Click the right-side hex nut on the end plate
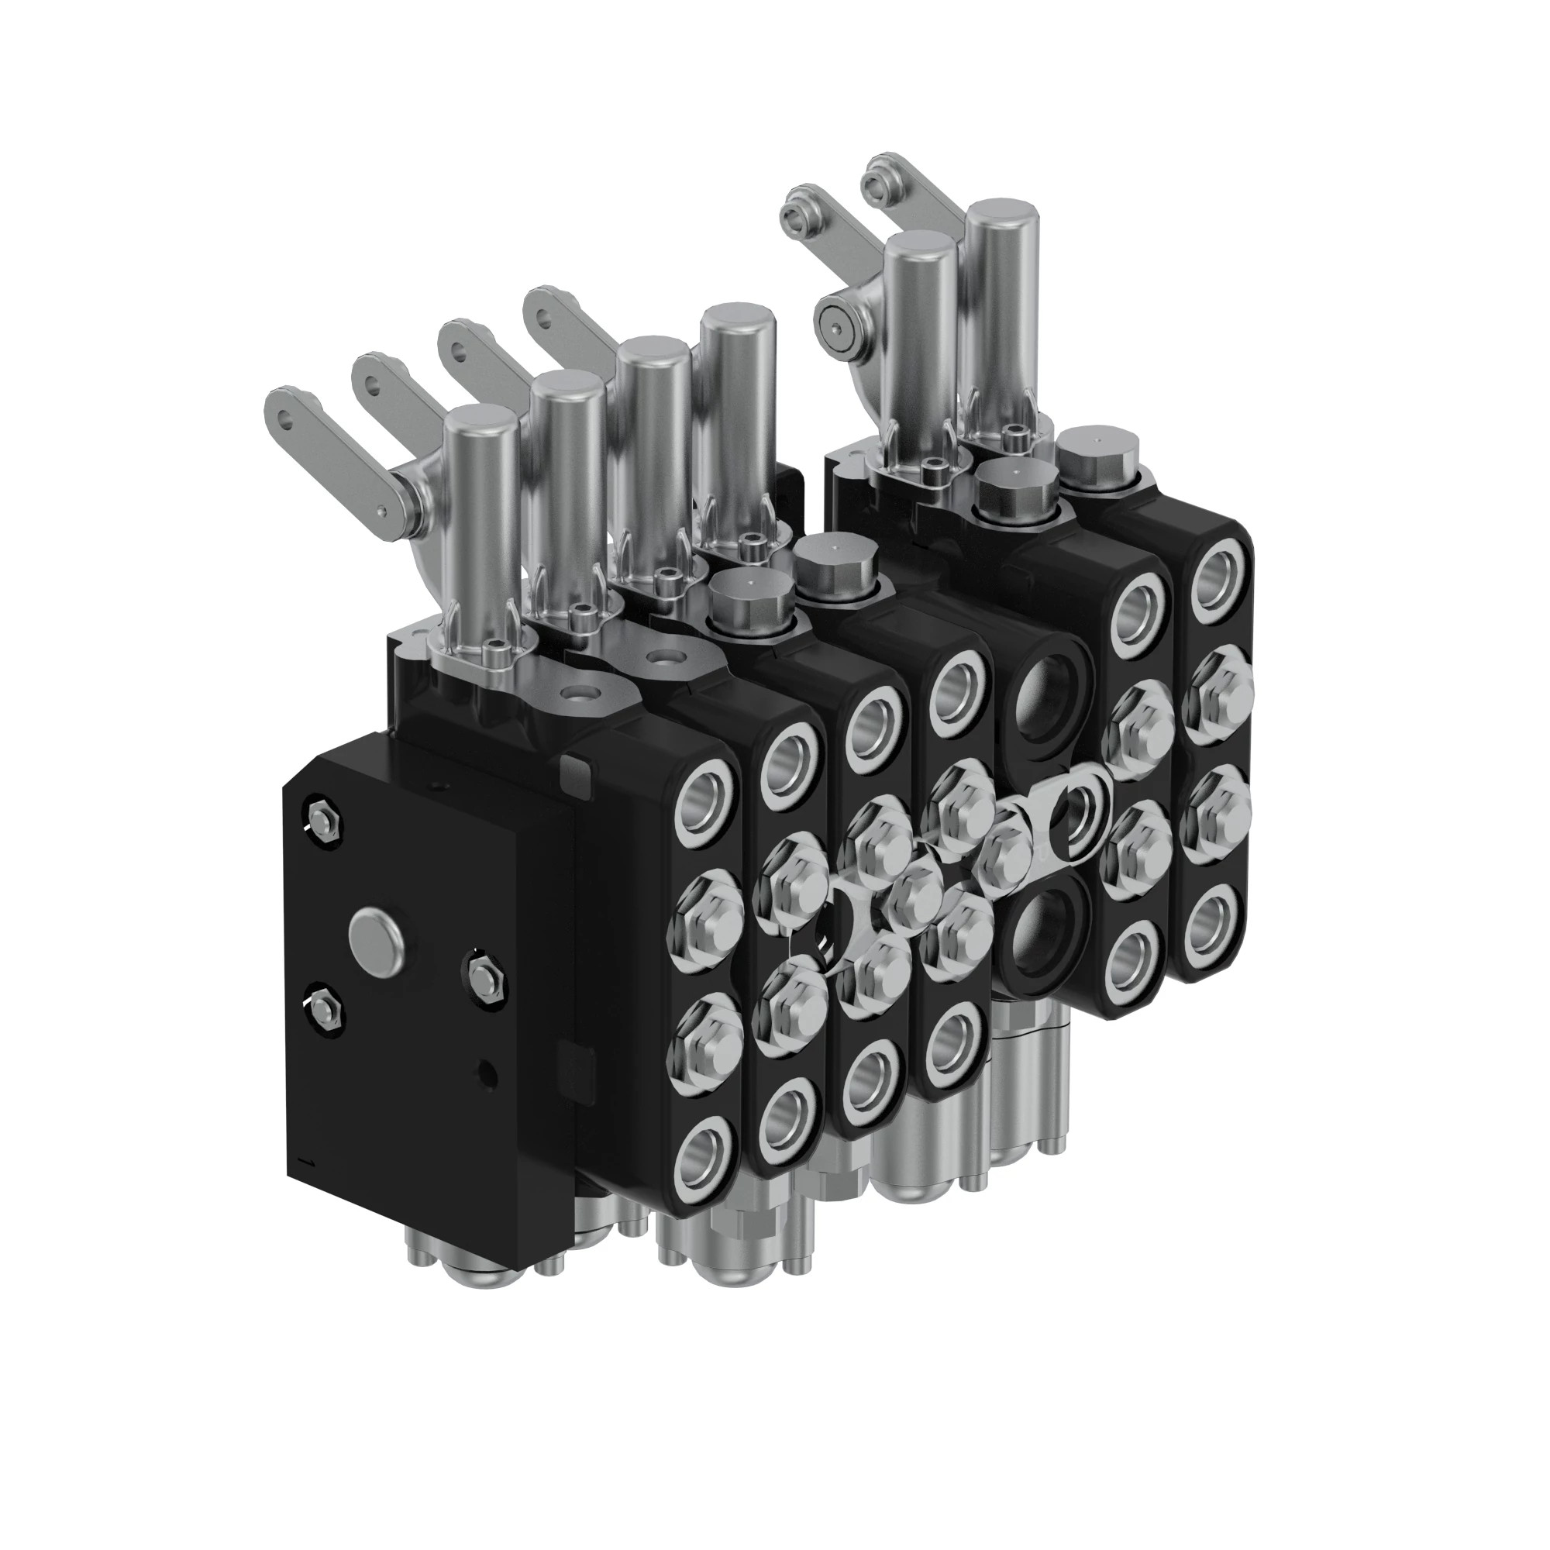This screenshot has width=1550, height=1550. click(x=484, y=974)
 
